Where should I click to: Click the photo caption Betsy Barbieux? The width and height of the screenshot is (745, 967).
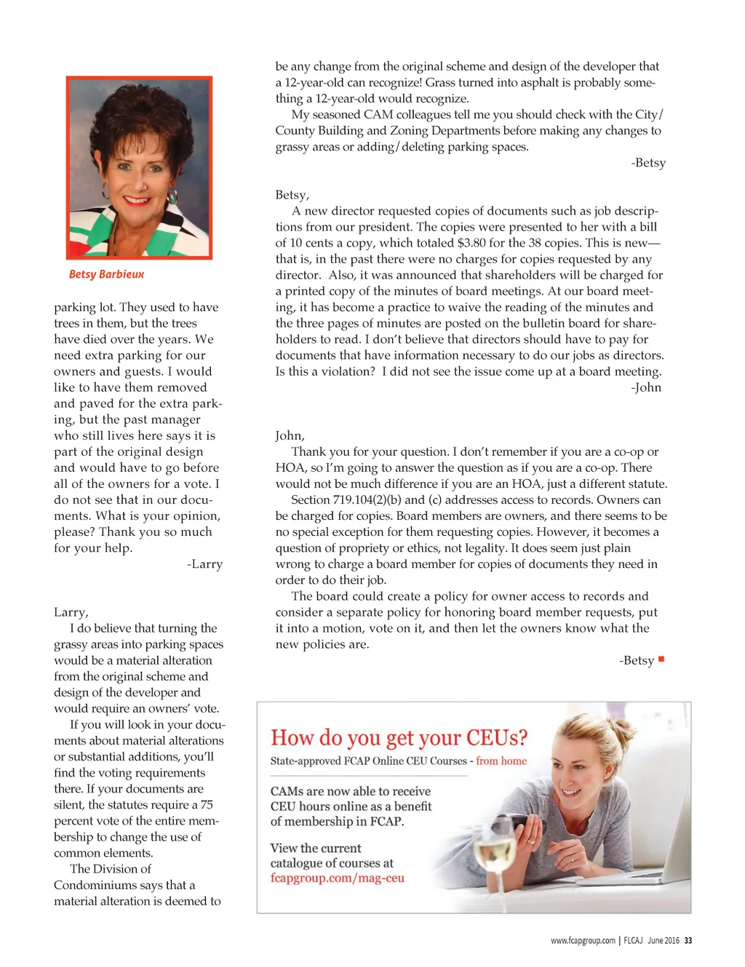[x=106, y=274]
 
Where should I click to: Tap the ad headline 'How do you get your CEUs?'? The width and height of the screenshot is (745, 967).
[x=399, y=738]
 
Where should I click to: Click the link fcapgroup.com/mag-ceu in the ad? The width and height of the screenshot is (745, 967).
[x=337, y=878]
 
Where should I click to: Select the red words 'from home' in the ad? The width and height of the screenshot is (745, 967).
[x=501, y=761]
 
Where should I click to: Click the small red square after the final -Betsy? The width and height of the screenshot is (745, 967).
[x=661, y=659]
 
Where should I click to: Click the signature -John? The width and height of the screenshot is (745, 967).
[x=646, y=388]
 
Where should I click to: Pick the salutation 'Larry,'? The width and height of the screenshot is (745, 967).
[x=71, y=612]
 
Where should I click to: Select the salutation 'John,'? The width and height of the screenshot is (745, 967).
[x=290, y=436]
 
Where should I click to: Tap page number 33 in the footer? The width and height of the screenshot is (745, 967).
[x=688, y=940]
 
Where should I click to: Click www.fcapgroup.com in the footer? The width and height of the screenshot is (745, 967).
[x=583, y=940]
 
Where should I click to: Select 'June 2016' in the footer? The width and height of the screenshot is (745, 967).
[x=663, y=940]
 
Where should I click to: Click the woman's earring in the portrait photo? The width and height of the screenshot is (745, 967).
[x=172, y=197]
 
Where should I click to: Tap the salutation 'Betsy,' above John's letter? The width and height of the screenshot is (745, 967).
[x=292, y=195]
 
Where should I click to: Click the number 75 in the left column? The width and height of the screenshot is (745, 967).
[x=207, y=805]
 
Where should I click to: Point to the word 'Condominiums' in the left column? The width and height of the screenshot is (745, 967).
[x=92, y=885]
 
